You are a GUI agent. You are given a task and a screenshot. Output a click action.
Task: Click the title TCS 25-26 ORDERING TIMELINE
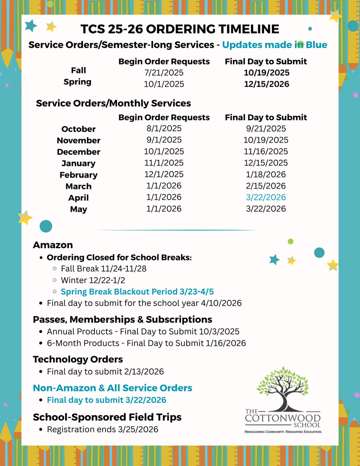(180, 29)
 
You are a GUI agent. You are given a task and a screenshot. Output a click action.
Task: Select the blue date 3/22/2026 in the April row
(265, 197)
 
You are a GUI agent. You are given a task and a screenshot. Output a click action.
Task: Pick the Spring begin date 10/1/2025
(164, 84)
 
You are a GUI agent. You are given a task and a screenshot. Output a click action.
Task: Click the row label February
(78, 175)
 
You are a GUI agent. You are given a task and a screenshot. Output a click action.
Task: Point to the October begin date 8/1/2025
(164, 129)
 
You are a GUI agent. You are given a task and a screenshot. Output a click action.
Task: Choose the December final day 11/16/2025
(265, 152)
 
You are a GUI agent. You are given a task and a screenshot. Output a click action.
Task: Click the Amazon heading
(53, 245)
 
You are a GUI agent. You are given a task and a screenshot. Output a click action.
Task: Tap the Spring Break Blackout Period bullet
(137, 291)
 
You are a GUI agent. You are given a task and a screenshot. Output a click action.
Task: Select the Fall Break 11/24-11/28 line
(103, 269)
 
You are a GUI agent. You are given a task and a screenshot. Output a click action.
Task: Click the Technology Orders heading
(78, 359)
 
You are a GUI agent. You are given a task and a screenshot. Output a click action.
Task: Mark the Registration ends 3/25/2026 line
(102, 430)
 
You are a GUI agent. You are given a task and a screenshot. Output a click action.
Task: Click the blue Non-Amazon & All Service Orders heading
(112, 388)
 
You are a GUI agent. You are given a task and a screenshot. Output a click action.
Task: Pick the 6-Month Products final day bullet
(146, 343)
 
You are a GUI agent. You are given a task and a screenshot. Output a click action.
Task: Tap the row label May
(78, 209)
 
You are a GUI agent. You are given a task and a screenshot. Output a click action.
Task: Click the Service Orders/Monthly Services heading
(113, 103)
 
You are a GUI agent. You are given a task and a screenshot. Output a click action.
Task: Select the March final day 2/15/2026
(265, 186)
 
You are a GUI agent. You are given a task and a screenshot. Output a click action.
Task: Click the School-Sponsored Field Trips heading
(107, 417)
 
